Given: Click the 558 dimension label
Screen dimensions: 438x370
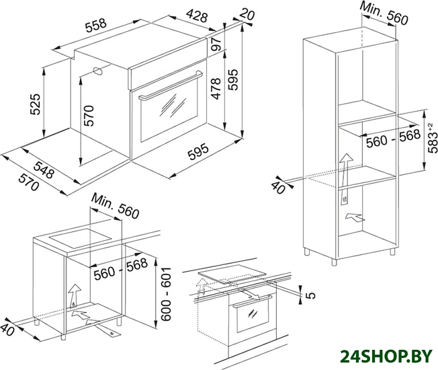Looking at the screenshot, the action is (96, 26).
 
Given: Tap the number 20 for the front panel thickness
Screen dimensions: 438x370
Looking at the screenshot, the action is (247, 14).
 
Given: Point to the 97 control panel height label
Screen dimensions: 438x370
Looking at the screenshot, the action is (216, 44).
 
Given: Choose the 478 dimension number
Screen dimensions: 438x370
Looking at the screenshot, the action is (216, 89).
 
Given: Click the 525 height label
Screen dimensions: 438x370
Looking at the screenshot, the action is (36, 104).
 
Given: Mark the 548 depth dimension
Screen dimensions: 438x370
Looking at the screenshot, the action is (44, 170).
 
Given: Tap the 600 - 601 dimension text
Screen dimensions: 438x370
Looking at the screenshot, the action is (166, 294).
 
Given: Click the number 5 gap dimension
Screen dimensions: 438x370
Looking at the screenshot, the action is (311, 295).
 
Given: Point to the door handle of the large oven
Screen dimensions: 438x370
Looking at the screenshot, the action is (171, 86).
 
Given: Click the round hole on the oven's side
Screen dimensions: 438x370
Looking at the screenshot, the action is (97, 71).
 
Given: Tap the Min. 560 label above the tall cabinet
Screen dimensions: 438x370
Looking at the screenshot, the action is (384, 13).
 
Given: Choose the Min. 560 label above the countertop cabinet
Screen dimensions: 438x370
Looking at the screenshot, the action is (115, 206).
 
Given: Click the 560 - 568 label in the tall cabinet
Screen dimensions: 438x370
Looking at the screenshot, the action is (393, 138).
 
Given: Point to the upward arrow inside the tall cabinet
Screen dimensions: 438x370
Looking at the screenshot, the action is (346, 179).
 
